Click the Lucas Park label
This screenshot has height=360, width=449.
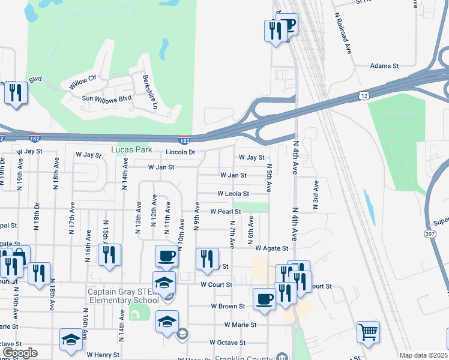click(x=131, y=149)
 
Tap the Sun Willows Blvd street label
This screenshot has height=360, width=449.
click(x=107, y=98)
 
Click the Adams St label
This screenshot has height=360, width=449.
click(x=384, y=66)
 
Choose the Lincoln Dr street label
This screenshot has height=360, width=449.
click(x=181, y=152)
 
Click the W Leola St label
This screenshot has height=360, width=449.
click(x=233, y=194)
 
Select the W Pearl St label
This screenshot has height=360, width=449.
click(x=225, y=211)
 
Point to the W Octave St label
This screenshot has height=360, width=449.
click(x=228, y=343)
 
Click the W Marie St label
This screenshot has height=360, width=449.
click(x=240, y=325)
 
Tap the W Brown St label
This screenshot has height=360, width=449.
click(x=228, y=306)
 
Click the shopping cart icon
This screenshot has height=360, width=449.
click(x=367, y=331)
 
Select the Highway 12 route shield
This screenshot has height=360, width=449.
click(x=364, y=95)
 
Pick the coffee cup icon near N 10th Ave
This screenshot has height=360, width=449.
click(x=166, y=256)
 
